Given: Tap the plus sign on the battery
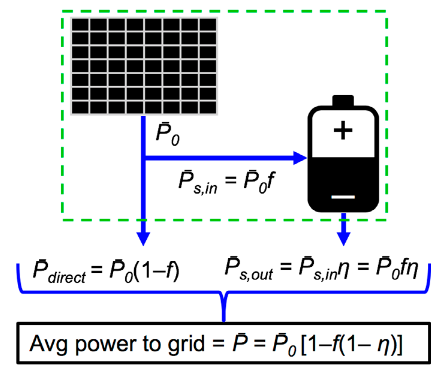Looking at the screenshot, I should pyautogui.click(x=343, y=130).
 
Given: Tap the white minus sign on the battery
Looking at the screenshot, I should pyautogui.click(x=343, y=197).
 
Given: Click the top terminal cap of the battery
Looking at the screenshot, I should pyautogui.click(x=343, y=101).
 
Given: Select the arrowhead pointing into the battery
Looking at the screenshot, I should pyautogui.click(x=300, y=158).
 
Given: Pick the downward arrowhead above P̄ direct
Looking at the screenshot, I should pyautogui.click(x=143, y=238).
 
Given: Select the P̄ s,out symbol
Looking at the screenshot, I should pyautogui.click(x=249, y=269).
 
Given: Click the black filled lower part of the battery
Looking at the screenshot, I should pyautogui.click(x=343, y=180).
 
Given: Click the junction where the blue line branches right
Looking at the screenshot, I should pyautogui.click(x=144, y=158).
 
